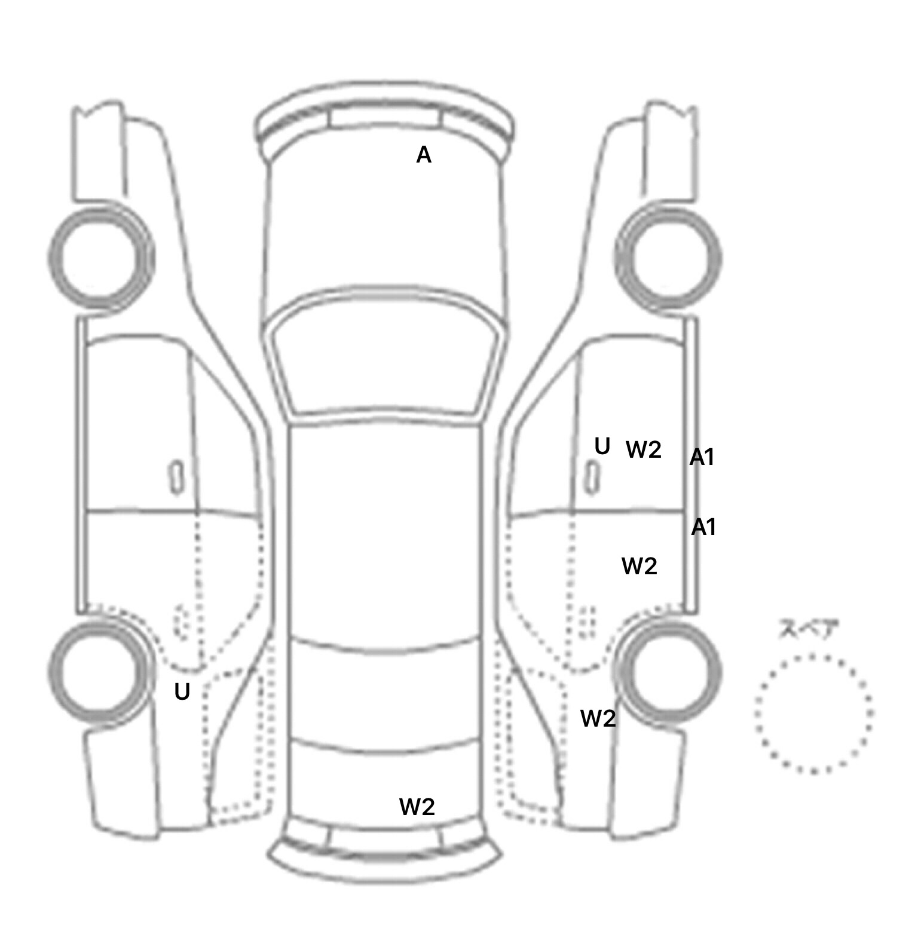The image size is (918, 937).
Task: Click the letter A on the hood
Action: (424, 155)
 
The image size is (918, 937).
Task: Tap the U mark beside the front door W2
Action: (602, 446)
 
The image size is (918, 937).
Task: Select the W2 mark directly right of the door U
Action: (644, 449)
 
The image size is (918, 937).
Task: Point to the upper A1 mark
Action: (702, 458)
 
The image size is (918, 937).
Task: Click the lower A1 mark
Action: (704, 527)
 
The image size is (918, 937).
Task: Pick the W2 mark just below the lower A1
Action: (639, 566)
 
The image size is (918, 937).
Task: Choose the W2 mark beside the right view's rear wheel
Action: (598, 718)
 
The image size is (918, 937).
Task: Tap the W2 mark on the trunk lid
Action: (417, 807)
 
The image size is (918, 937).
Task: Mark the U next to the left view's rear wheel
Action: (182, 692)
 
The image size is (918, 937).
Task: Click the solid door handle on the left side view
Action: (176, 477)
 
